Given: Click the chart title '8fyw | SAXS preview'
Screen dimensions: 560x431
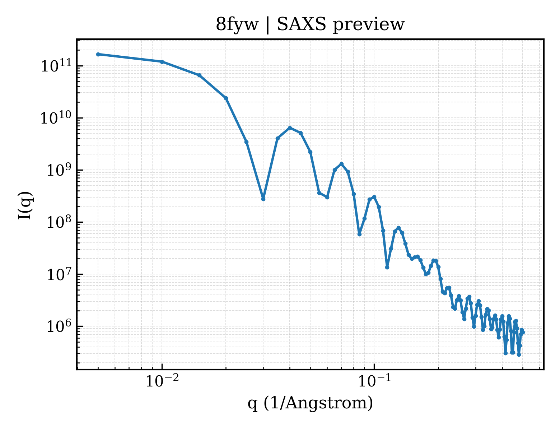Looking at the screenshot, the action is (310, 25).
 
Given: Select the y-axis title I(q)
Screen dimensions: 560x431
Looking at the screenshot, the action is (25, 205).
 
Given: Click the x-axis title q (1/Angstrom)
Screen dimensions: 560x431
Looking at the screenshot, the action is (310, 403).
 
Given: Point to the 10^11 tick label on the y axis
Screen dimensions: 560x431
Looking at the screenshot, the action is (56, 65).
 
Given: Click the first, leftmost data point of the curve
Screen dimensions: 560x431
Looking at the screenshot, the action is (98, 54).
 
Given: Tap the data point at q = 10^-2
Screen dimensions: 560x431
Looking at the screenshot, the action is (162, 62).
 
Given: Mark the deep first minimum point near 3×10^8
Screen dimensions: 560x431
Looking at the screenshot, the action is (263, 199).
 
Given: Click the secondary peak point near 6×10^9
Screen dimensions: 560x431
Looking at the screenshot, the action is (290, 128).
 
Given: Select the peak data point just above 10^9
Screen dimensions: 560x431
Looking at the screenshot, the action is (341, 164).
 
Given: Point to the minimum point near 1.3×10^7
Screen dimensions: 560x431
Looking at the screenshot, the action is (387, 268).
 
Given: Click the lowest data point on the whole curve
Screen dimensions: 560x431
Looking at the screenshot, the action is (519, 355).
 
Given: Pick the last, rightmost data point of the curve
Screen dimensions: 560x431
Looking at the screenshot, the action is (523, 333).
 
